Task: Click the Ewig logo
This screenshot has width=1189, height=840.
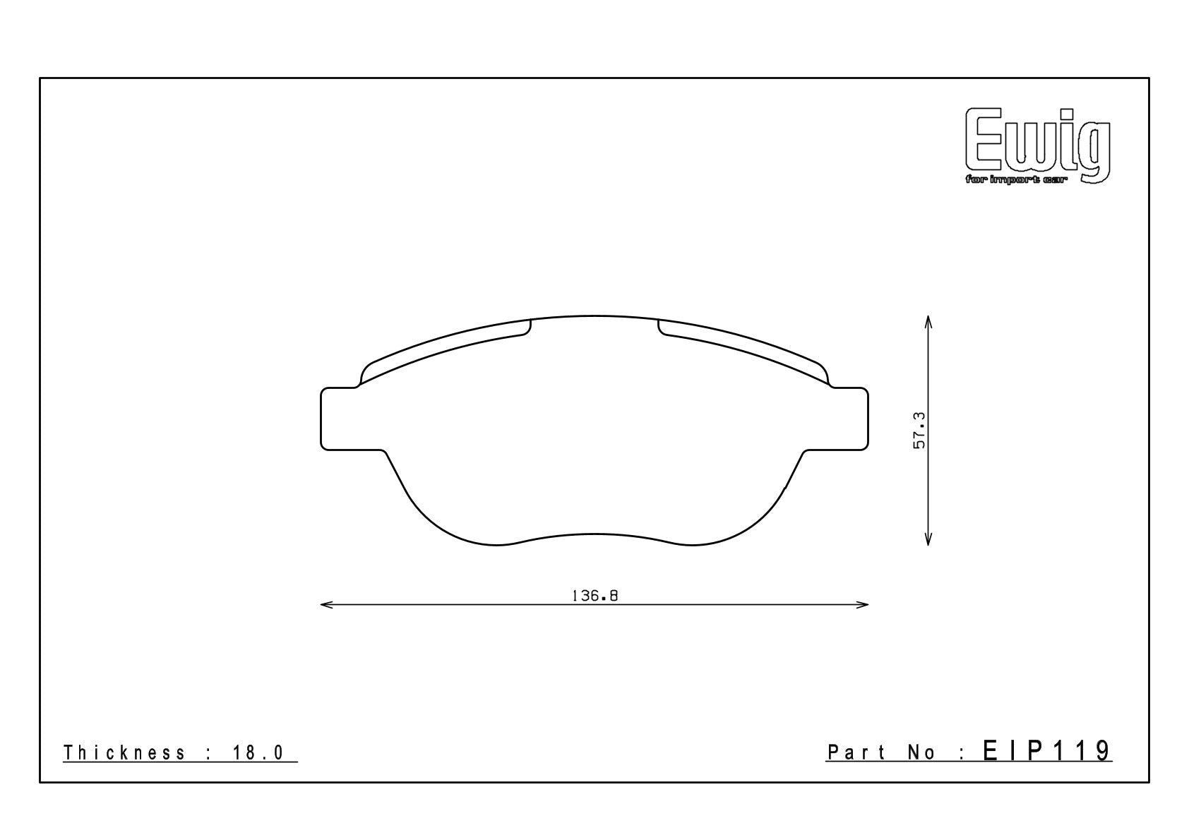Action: (1038, 145)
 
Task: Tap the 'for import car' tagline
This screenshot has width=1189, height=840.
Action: (1014, 181)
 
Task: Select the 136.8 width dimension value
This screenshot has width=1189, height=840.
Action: (594, 596)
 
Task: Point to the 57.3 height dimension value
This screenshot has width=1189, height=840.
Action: (919, 431)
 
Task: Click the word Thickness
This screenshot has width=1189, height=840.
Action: (124, 752)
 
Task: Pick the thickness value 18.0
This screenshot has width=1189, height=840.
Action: (258, 752)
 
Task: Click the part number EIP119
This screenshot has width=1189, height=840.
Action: (1047, 751)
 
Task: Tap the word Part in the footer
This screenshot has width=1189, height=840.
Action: (856, 752)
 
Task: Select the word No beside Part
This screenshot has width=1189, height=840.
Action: (921, 752)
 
